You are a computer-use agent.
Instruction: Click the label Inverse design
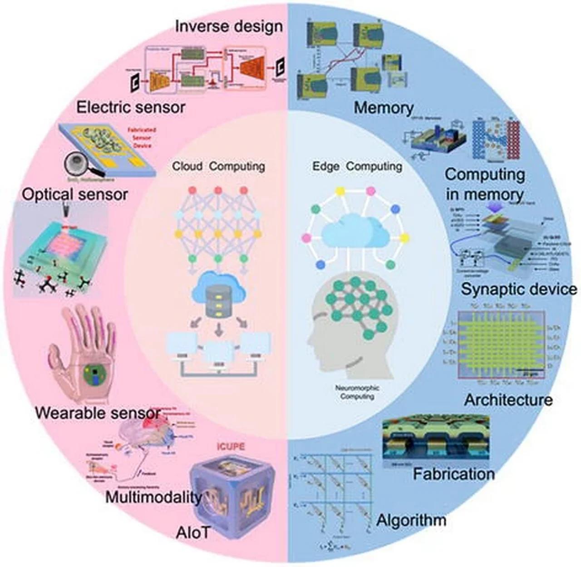(x=229, y=26)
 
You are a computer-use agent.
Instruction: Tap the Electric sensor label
(x=131, y=108)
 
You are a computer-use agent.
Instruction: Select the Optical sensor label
(x=75, y=194)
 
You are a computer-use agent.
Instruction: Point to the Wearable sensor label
(x=98, y=413)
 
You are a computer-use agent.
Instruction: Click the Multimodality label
(x=153, y=497)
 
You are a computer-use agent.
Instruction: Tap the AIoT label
(x=193, y=532)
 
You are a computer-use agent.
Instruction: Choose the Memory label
(x=384, y=108)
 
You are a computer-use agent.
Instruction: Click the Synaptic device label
(x=519, y=289)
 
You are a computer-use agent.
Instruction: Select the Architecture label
(x=508, y=400)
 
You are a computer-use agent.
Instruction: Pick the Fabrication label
(x=453, y=474)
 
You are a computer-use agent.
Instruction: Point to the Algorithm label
(x=411, y=520)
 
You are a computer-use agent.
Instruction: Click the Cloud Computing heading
(x=218, y=166)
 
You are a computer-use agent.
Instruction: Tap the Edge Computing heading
(x=357, y=166)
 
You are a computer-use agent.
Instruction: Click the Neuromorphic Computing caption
(x=357, y=392)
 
